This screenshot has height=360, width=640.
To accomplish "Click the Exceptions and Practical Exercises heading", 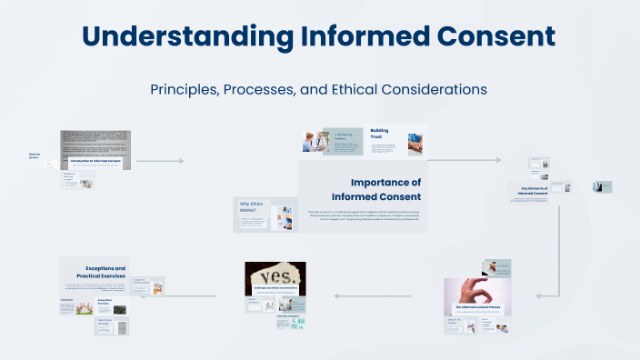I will [106, 272].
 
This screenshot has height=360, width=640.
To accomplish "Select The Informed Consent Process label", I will [478, 308].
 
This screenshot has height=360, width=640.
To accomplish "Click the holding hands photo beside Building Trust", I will [414, 143].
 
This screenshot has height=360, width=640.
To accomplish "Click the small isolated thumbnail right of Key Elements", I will [602, 186].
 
